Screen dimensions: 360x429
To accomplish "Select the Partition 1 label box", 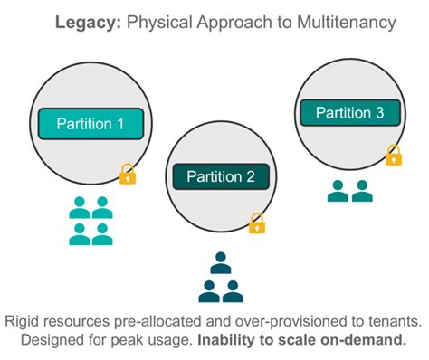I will coord(91,123).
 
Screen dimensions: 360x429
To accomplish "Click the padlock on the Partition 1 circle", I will coord(128,174).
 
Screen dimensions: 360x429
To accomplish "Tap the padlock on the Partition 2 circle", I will coord(257,223).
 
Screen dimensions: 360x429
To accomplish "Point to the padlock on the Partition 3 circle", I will coord(393,156).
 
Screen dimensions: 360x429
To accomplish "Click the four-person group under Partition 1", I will coord(91,221).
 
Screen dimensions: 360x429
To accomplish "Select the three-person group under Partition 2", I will coord(220,279).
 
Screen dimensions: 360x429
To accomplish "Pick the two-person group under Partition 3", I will coord(349,191).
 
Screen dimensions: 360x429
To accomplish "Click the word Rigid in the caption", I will coord(24,321).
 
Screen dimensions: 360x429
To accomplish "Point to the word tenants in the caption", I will coord(395,321).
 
